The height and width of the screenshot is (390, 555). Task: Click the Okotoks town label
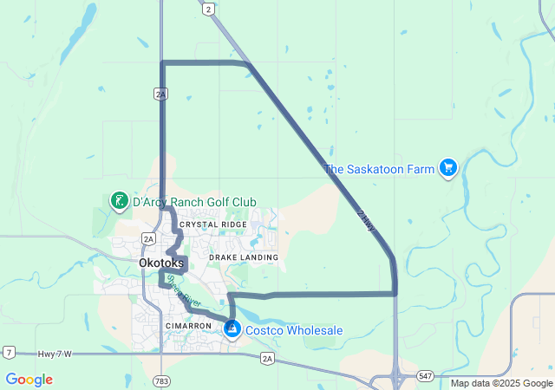click(x=161, y=263)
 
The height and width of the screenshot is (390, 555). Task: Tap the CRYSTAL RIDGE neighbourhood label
click(x=213, y=224)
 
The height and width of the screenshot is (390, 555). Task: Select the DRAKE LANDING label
click(x=244, y=257)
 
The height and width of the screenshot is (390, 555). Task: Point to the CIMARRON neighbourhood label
click(x=188, y=326)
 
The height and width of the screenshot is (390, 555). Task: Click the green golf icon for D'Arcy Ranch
click(x=118, y=202)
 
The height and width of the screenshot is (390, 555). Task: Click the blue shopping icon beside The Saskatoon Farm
click(x=447, y=168)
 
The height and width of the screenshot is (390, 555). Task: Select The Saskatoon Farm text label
click(x=378, y=169)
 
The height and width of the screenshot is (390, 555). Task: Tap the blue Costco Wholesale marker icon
click(x=232, y=329)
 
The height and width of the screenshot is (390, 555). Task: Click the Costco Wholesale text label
click(x=294, y=330)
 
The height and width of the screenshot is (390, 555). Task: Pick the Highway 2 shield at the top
click(x=208, y=9)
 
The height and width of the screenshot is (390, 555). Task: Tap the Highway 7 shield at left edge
click(x=8, y=352)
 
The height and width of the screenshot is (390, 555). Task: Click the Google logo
click(x=29, y=380)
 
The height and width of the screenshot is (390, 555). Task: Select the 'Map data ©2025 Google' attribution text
click(x=501, y=383)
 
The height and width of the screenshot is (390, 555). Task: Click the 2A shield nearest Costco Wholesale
click(x=267, y=358)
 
